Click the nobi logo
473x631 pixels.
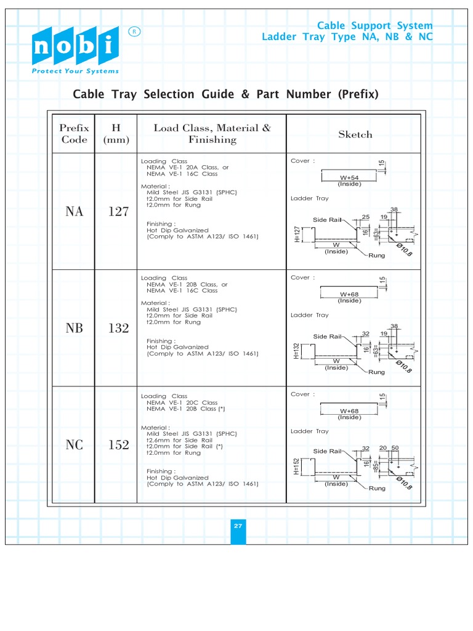tap(75, 46)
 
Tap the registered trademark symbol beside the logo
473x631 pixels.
tap(134, 31)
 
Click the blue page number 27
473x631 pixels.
tap(238, 526)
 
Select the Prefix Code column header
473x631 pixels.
tap(74, 134)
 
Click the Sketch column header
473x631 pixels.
tap(355, 134)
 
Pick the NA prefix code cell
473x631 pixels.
tap(75, 211)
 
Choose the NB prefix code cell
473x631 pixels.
tap(75, 328)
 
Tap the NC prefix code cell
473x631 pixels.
tap(75, 445)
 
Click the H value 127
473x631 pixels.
tap(119, 211)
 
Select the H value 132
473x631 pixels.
tap(119, 328)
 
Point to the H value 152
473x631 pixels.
tap(119, 445)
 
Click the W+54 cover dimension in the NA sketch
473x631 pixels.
tap(349, 177)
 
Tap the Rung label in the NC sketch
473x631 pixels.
tap(377, 488)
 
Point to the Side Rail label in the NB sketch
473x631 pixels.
tap(327, 336)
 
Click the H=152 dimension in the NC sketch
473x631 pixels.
tap(296, 467)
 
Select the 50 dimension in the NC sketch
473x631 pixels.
tap(395, 448)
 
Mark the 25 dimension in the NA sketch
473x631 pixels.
tap(366, 217)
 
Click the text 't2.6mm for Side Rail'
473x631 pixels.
tap(179, 440)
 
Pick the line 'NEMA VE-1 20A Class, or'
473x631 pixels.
tap(187, 168)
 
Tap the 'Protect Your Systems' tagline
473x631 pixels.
tap(75, 71)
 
